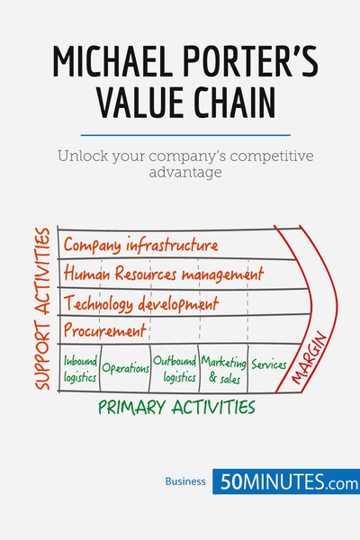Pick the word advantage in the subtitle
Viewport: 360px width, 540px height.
[180, 172]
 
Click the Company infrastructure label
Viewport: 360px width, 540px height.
[139, 246]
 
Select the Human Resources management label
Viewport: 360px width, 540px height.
[163, 273]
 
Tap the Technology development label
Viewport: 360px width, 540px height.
[140, 301]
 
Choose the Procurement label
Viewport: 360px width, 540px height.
[103, 330]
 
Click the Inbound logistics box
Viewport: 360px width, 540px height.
[80, 368]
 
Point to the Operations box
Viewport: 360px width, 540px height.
[124, 368]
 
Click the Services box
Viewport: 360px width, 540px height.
[269, 365]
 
